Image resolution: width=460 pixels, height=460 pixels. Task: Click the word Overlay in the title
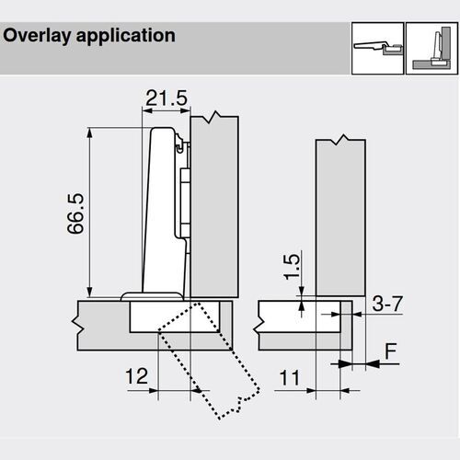[36, 36]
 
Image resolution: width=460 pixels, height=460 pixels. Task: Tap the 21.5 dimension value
[166, 97]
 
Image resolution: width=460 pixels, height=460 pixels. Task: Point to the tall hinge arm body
[164, 212]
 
